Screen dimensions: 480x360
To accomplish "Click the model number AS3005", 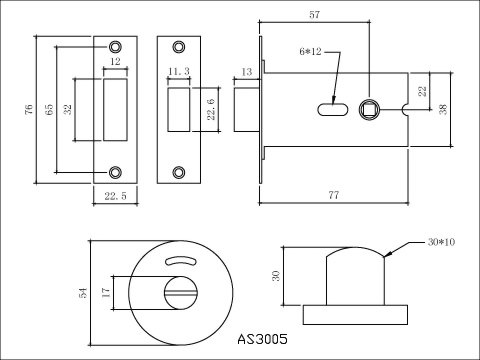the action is tap(262, 339).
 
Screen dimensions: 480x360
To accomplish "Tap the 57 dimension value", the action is tap(314, 15).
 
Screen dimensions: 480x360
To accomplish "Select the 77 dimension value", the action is tap(334, 195).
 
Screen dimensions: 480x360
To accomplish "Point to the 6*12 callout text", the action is tap(310, 52).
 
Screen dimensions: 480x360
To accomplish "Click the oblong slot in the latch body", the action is tap(333, 110).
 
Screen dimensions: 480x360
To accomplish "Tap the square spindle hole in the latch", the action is tap(369, 109).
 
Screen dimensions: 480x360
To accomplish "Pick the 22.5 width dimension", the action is tap(116, 196).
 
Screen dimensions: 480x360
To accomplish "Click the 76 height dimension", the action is tap(29, 109).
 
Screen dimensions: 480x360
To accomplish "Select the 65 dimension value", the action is tap(49, 109).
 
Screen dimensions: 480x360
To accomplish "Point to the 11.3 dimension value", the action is tap(179, 71).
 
